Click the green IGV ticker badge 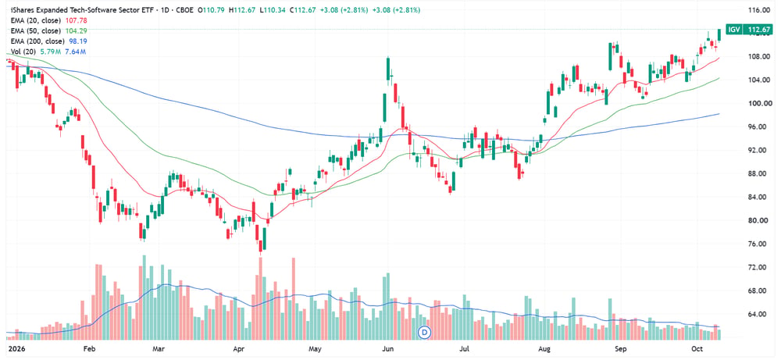tap(733, 30)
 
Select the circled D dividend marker tap(425, 332)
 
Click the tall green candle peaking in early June tap(387, 69)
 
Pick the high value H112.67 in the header tap(241, 10)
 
